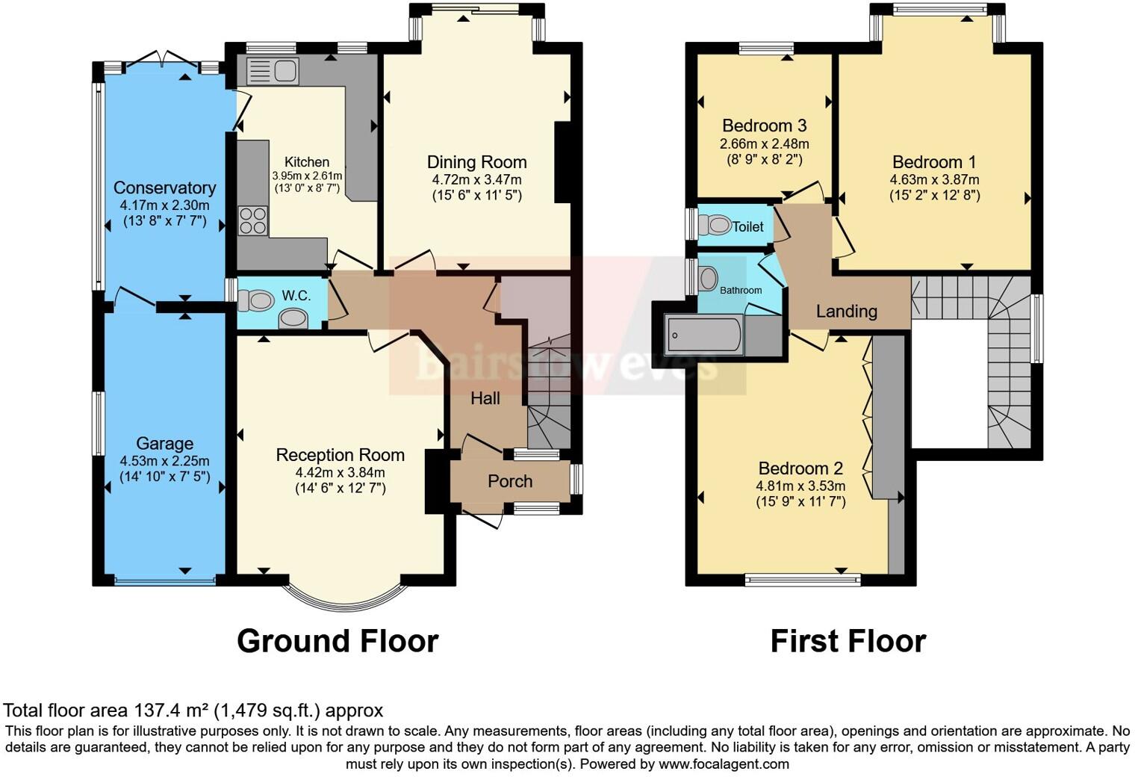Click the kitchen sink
click(x=273, y=72)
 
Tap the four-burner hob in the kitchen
click(x=252, y=220)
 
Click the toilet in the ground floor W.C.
click(x=255, y=300)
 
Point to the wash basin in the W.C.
click(x=293, y=320)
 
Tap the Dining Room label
click(x=476, y=162)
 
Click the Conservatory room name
click(x=164, y=188)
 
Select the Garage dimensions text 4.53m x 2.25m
click(x=164, y=460)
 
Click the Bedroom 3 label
click(x=764, y=126)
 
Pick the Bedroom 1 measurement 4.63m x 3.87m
click(x=934, y=179)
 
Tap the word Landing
click(x=846, y=311)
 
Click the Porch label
click(x=510, y=481)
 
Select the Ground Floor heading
click(x=338, y=641)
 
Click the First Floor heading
click(x=848, y=641)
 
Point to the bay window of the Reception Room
click(x=345, y=598)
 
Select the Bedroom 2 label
click(x=800, y=468)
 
